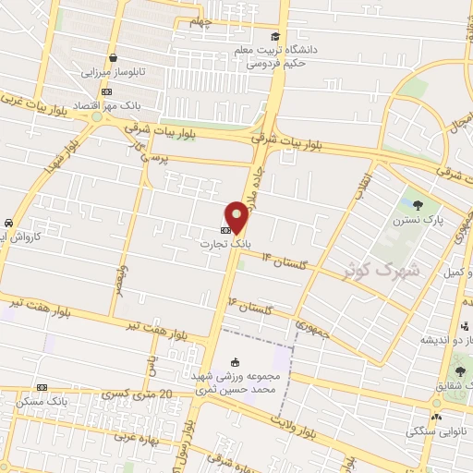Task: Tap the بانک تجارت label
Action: pos(223,243)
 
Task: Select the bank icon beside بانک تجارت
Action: pos(226,226)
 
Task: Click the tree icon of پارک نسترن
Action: pos(417,206)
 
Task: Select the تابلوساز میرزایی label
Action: pos(111,71)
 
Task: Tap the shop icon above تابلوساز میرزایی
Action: pos(112,57)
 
